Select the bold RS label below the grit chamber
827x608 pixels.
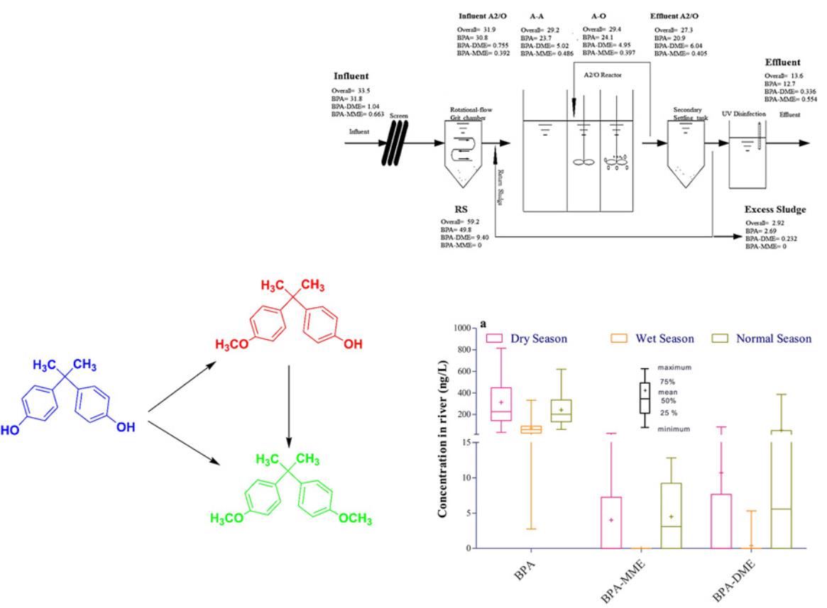(461, 210)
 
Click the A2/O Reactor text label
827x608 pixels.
(596, 95)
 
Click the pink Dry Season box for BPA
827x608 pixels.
(501, 404)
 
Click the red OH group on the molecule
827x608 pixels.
(352, 345)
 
